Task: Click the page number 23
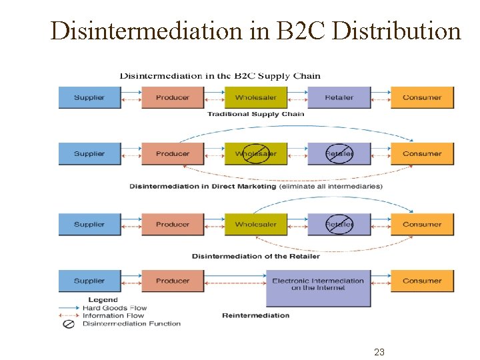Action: point(379,352)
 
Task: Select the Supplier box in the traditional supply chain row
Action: point(89,97)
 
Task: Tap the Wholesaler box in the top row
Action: point(255,97)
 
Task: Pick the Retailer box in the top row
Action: point(339,97)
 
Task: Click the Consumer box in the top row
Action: point(422,97)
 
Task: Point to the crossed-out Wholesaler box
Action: point(255,154)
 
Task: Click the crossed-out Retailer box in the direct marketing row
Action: point(339,154)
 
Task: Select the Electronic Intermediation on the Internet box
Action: point(318,285)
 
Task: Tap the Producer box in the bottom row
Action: point(173,281)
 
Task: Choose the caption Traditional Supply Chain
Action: point(255,114)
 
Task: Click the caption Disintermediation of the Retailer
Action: point(255,256)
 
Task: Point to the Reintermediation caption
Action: point(255,315)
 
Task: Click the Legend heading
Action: point(103,300)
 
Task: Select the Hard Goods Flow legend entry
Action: point(114,308)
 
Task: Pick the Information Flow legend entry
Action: point(113,316)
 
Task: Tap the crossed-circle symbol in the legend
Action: point(68,324)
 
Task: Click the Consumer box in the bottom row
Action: point(422,281)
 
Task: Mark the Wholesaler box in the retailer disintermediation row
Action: point(255,225)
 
